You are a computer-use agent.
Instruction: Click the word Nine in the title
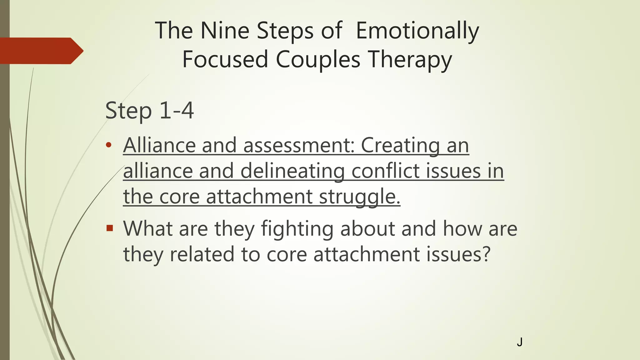pyautogui.click(x=224, y=31)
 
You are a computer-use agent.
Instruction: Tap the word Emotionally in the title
pyautogui.click(x=417, y=31)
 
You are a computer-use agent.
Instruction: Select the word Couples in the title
pyautogui.click(x=318, y=59)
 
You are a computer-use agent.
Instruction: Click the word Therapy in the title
pyautogui.click(x=410, y=59)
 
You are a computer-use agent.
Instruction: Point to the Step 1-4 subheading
pyautogui.click(x=149, y=111)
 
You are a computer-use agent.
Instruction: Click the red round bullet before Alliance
pyautogui.click(x=108, y=145)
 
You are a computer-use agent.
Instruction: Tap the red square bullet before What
pyautogui.click(x=109, y=228)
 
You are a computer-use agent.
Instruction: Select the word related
pyautogui.click(x=202, y=254)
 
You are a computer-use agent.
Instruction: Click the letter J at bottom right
pyautogui.click(x=519, y=342)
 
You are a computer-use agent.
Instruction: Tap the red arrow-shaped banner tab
pyautogui.click(x=41, y=51)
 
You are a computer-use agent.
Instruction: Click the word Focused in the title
pyautogui.click(x=225, y=59)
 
